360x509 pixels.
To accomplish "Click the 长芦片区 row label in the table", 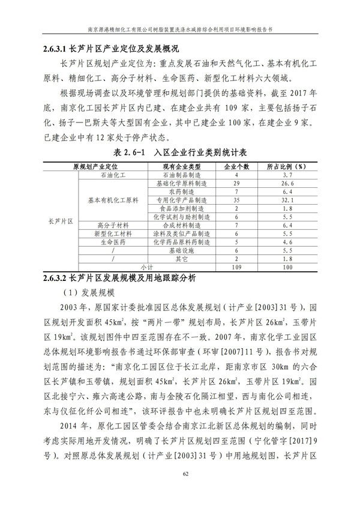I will (x=60, y=221).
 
